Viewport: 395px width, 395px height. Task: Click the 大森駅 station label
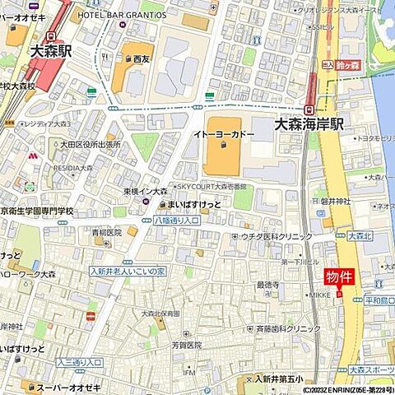click(51, 51)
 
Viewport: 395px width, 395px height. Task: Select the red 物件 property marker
click(339, 277)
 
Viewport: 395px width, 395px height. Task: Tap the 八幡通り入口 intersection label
click(177, 221)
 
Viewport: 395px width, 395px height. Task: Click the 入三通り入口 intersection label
click(80, 362)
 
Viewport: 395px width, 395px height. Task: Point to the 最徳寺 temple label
click(268, 285)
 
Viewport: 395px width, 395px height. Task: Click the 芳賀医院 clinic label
click(186, 346)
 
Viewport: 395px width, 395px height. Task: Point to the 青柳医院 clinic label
click(107, 233)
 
